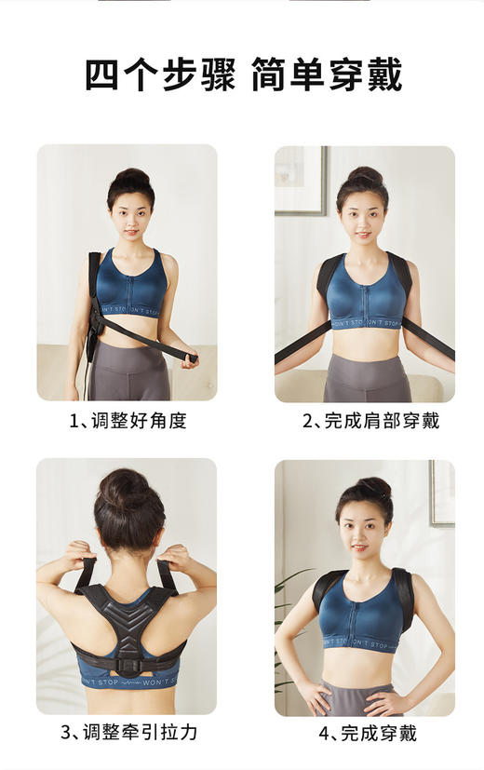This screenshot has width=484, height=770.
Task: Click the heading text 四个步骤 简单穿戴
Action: click(242, 75)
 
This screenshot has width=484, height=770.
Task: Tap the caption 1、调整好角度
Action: click(128, 421)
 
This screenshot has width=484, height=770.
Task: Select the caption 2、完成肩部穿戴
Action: click(370, 421)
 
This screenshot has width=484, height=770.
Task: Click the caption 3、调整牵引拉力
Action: click(128, 732)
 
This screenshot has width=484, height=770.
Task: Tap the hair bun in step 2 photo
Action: click(364, 176)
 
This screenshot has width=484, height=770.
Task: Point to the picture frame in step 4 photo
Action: click(441, 493)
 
